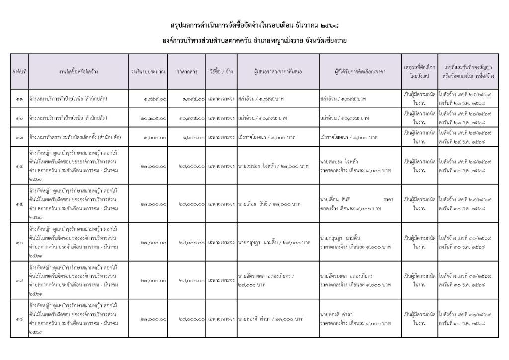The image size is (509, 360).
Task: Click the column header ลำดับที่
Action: click(19, 71)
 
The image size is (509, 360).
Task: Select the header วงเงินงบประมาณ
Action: click(148, 71)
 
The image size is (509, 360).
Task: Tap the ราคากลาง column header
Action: click(187, 71)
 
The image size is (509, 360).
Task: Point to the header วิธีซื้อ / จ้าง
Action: click(221, 71)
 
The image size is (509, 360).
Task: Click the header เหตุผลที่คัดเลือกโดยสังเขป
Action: click(419, 71)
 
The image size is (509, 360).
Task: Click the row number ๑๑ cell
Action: click(19, 99)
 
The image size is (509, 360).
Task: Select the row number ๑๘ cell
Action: click(19, 319)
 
